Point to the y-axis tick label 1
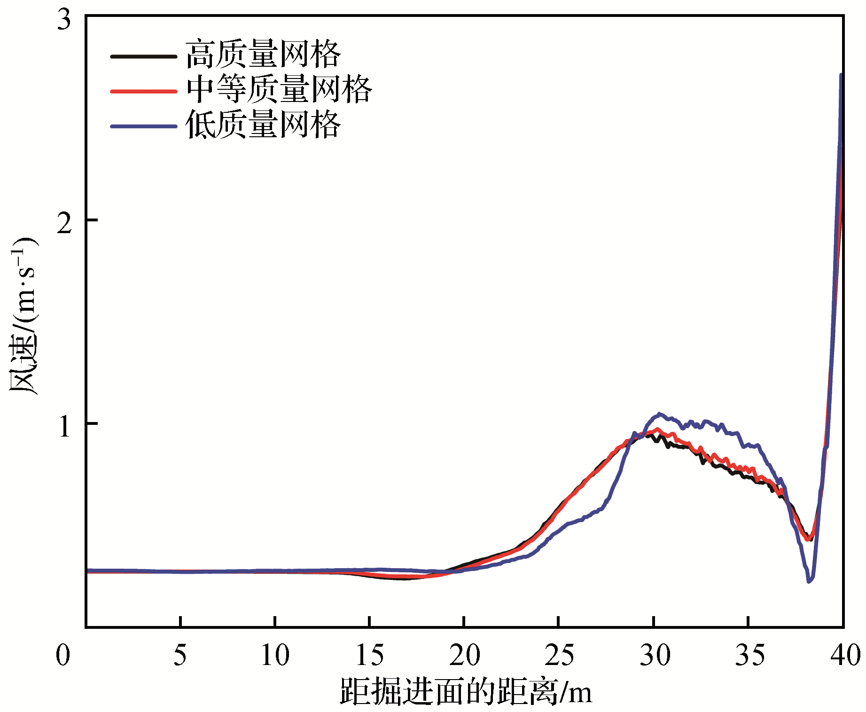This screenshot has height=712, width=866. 64,427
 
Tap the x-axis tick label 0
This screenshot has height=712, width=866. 63,655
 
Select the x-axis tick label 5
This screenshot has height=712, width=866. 180,655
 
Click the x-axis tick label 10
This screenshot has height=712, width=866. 275,655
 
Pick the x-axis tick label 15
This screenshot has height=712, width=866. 370,655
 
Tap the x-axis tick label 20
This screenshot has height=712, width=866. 464,655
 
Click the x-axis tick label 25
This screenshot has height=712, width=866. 559,655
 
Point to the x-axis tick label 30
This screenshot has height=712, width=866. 654,655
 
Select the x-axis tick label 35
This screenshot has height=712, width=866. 749,655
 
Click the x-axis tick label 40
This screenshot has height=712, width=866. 844,655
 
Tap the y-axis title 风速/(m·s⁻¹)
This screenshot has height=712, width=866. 23,316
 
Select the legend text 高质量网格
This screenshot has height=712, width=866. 263,55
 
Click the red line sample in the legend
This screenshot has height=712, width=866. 143,91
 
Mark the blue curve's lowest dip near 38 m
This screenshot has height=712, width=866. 809,581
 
